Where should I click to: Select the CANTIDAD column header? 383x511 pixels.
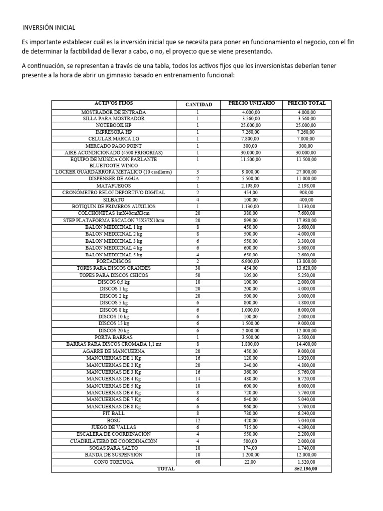198,104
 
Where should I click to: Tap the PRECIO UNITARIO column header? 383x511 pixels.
251,103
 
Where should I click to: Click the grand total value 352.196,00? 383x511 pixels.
307,469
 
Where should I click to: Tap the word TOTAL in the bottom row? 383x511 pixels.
166,469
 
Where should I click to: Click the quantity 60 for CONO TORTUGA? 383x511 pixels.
198,462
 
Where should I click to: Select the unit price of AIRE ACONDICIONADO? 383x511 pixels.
251,152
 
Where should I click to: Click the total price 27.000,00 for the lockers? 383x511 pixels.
307,172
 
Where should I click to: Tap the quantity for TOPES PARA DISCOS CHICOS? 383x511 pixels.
198,275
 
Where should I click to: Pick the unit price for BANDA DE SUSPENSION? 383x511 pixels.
251,455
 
